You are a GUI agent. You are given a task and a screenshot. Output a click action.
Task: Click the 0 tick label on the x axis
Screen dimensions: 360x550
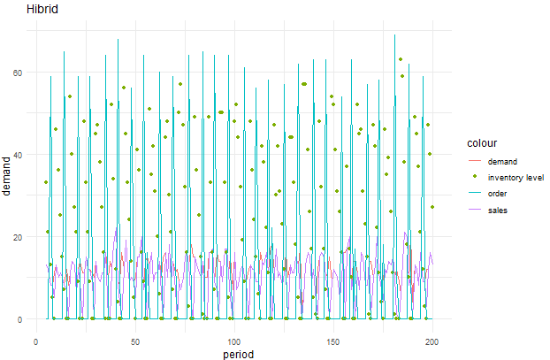tap(35, 341)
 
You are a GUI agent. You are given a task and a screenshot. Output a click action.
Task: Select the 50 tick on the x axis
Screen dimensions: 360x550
tap(134, 341)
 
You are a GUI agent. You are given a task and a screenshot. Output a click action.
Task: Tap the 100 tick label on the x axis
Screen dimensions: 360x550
tap(233, 341)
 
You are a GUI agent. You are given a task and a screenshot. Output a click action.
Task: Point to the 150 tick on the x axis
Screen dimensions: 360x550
tap(333, 341)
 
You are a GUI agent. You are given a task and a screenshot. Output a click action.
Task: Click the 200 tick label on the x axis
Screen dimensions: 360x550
tap(432, 341)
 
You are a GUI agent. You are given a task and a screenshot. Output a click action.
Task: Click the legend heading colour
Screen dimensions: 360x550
tap(483, 142)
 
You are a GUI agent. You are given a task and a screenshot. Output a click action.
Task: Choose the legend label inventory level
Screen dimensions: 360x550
tap(516, 177)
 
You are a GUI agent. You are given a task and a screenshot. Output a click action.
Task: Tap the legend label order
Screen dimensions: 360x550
tap(500, 192)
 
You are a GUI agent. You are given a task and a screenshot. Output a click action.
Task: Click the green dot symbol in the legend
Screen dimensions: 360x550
tap(475, 177)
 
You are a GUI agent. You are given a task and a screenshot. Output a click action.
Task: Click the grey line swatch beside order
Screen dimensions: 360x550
tap(475, 192)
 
